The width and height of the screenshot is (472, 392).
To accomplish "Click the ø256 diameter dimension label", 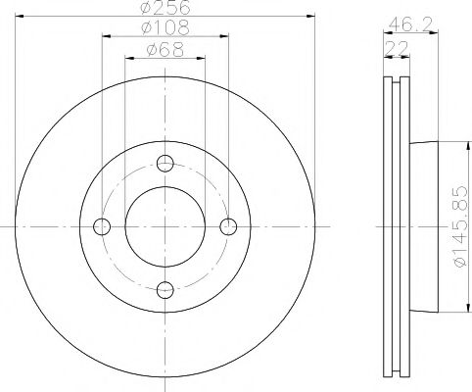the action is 165,7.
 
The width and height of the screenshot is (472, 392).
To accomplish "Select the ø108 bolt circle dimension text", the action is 165,27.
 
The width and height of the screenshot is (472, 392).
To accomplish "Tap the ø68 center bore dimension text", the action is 165,49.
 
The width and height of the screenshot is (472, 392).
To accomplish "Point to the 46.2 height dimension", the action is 410,24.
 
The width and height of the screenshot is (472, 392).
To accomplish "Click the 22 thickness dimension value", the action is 397,49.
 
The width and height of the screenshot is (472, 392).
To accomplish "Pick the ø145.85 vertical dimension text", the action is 462,226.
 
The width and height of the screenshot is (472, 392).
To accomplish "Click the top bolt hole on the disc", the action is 165,164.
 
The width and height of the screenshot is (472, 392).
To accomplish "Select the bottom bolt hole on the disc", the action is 165,290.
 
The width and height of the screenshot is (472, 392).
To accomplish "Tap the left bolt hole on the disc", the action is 102,226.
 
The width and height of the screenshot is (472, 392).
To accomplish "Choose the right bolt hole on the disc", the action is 228,226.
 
